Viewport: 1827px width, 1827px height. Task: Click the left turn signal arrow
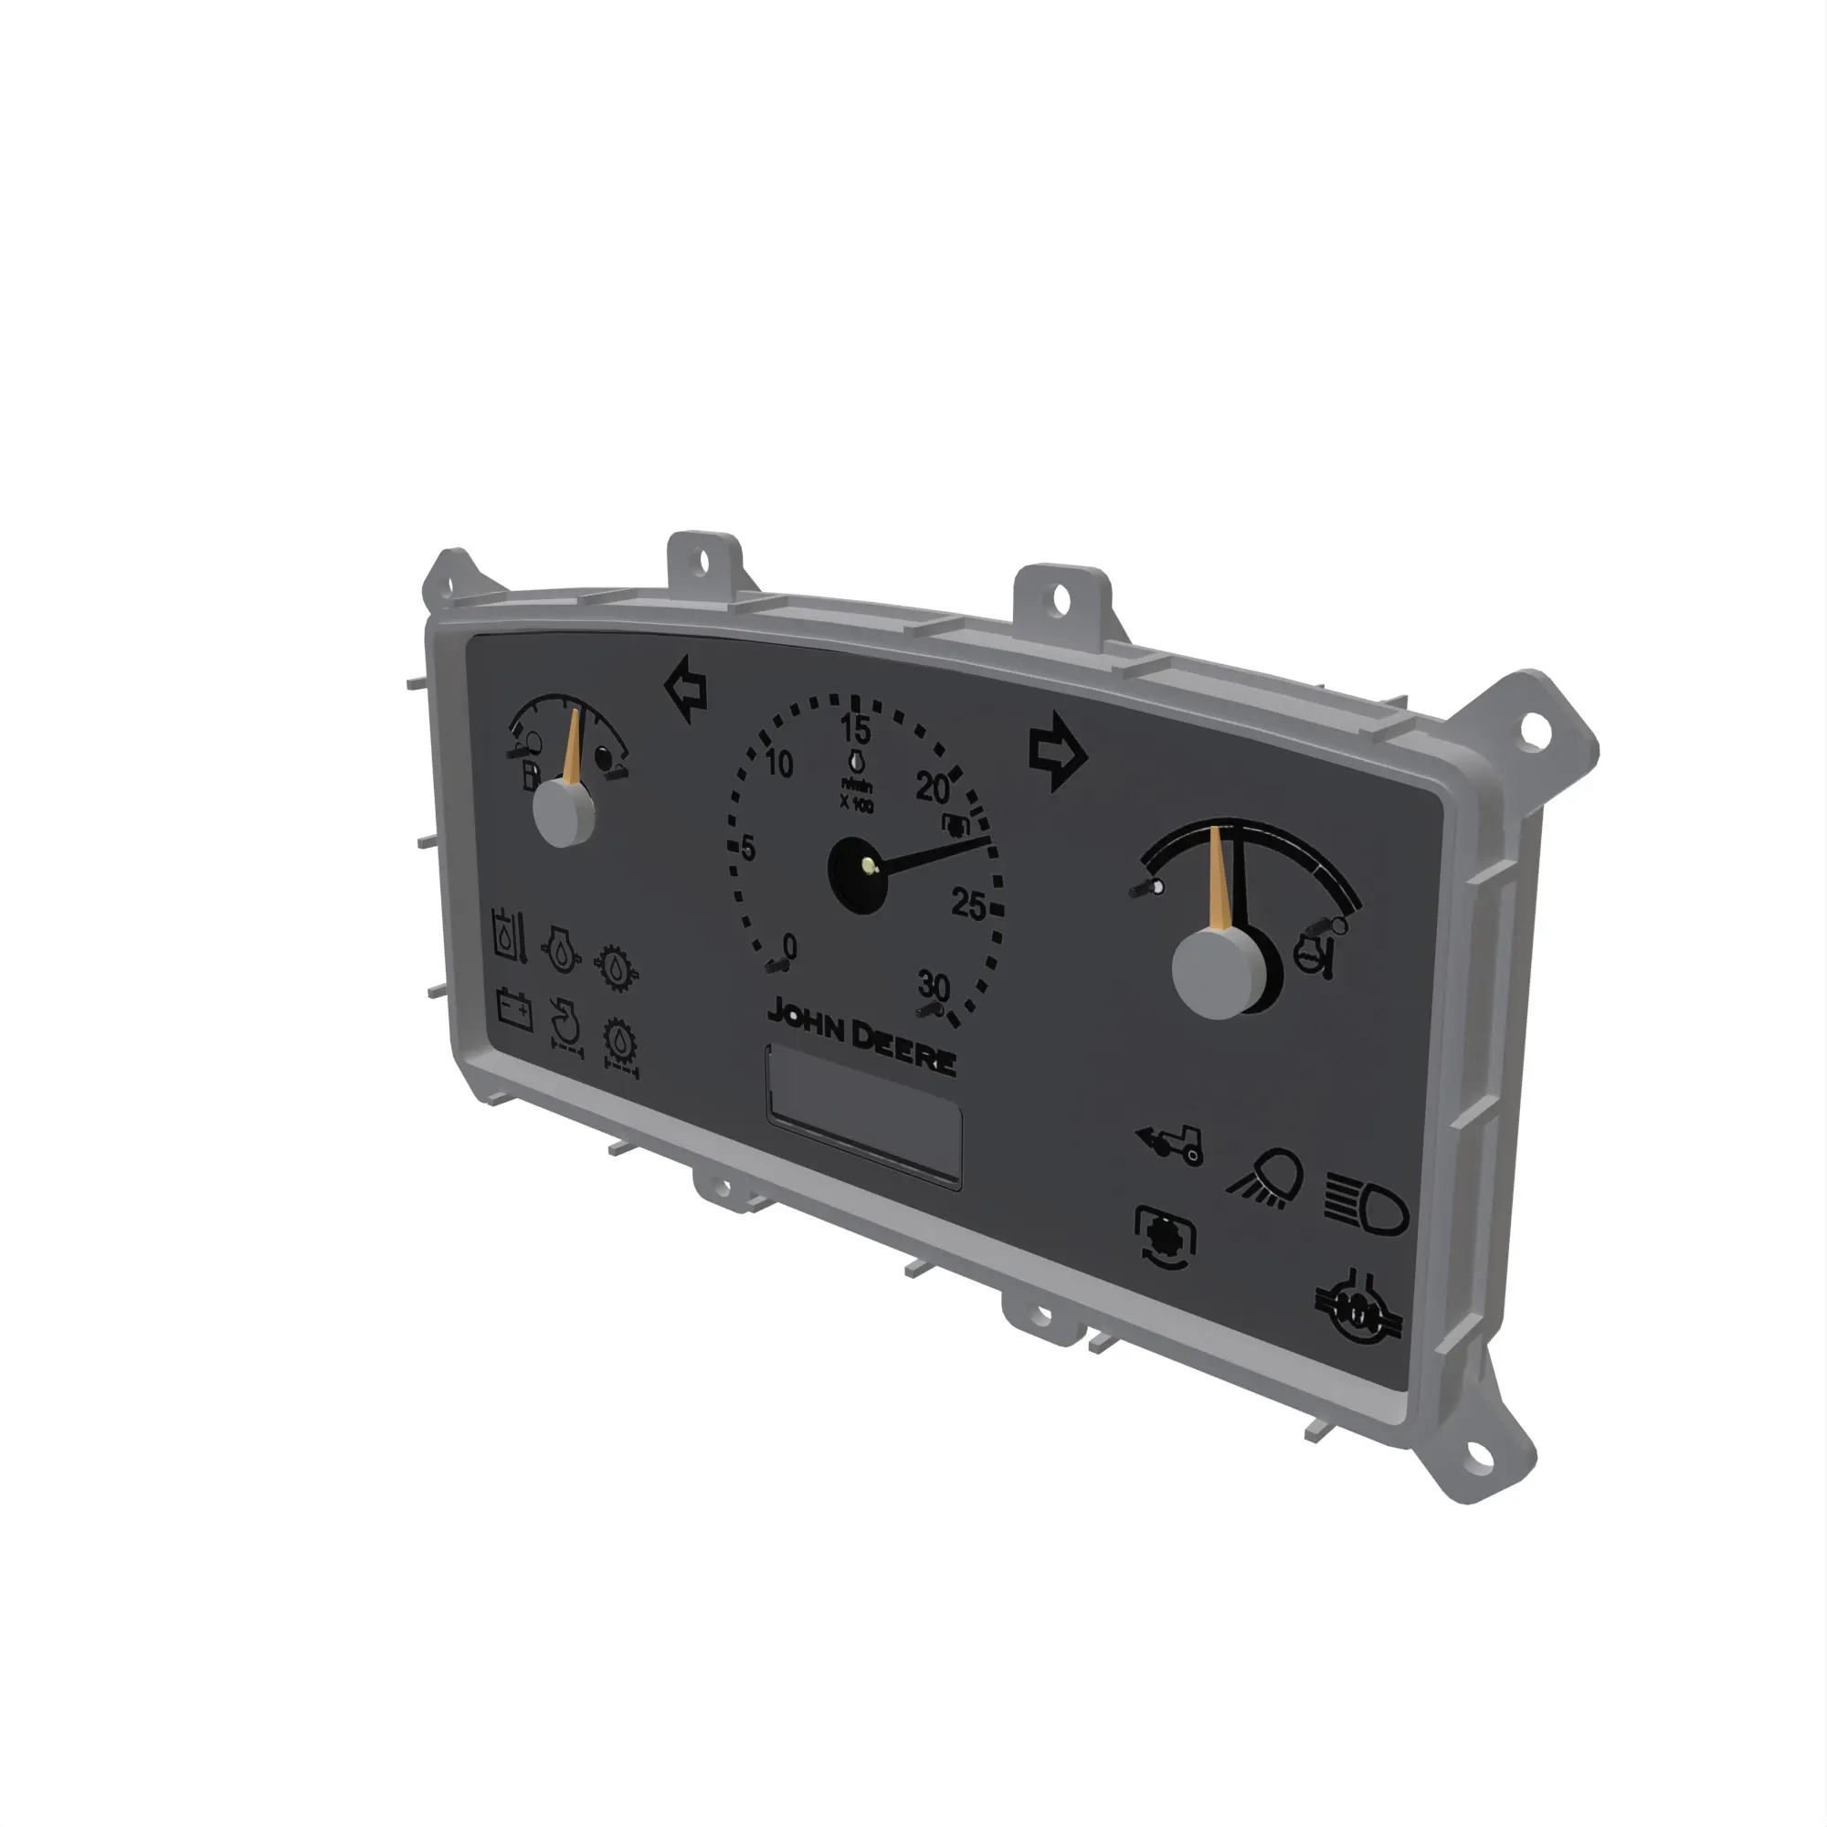point(688,691)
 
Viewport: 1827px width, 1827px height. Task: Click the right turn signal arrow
point(1057,753)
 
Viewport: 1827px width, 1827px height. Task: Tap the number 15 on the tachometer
point(855,729)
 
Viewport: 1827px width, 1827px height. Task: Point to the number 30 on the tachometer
point(934,987)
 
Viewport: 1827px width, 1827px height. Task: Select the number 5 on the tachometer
point(748,849)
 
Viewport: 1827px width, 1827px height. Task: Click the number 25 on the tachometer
point(968,905)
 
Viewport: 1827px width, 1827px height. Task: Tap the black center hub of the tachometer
point(858,875)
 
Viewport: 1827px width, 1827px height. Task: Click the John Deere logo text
point(861,1036)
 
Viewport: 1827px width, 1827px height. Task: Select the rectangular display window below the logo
point(863,1116)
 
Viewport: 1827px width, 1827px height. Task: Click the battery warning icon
point(514,1009)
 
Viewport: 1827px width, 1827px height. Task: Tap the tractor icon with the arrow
point(1171,1145)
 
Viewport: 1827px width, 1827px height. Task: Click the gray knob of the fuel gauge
point(564,814)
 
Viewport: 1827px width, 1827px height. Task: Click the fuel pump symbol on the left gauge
point(532,776)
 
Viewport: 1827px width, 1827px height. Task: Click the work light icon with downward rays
point(1267,1180)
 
